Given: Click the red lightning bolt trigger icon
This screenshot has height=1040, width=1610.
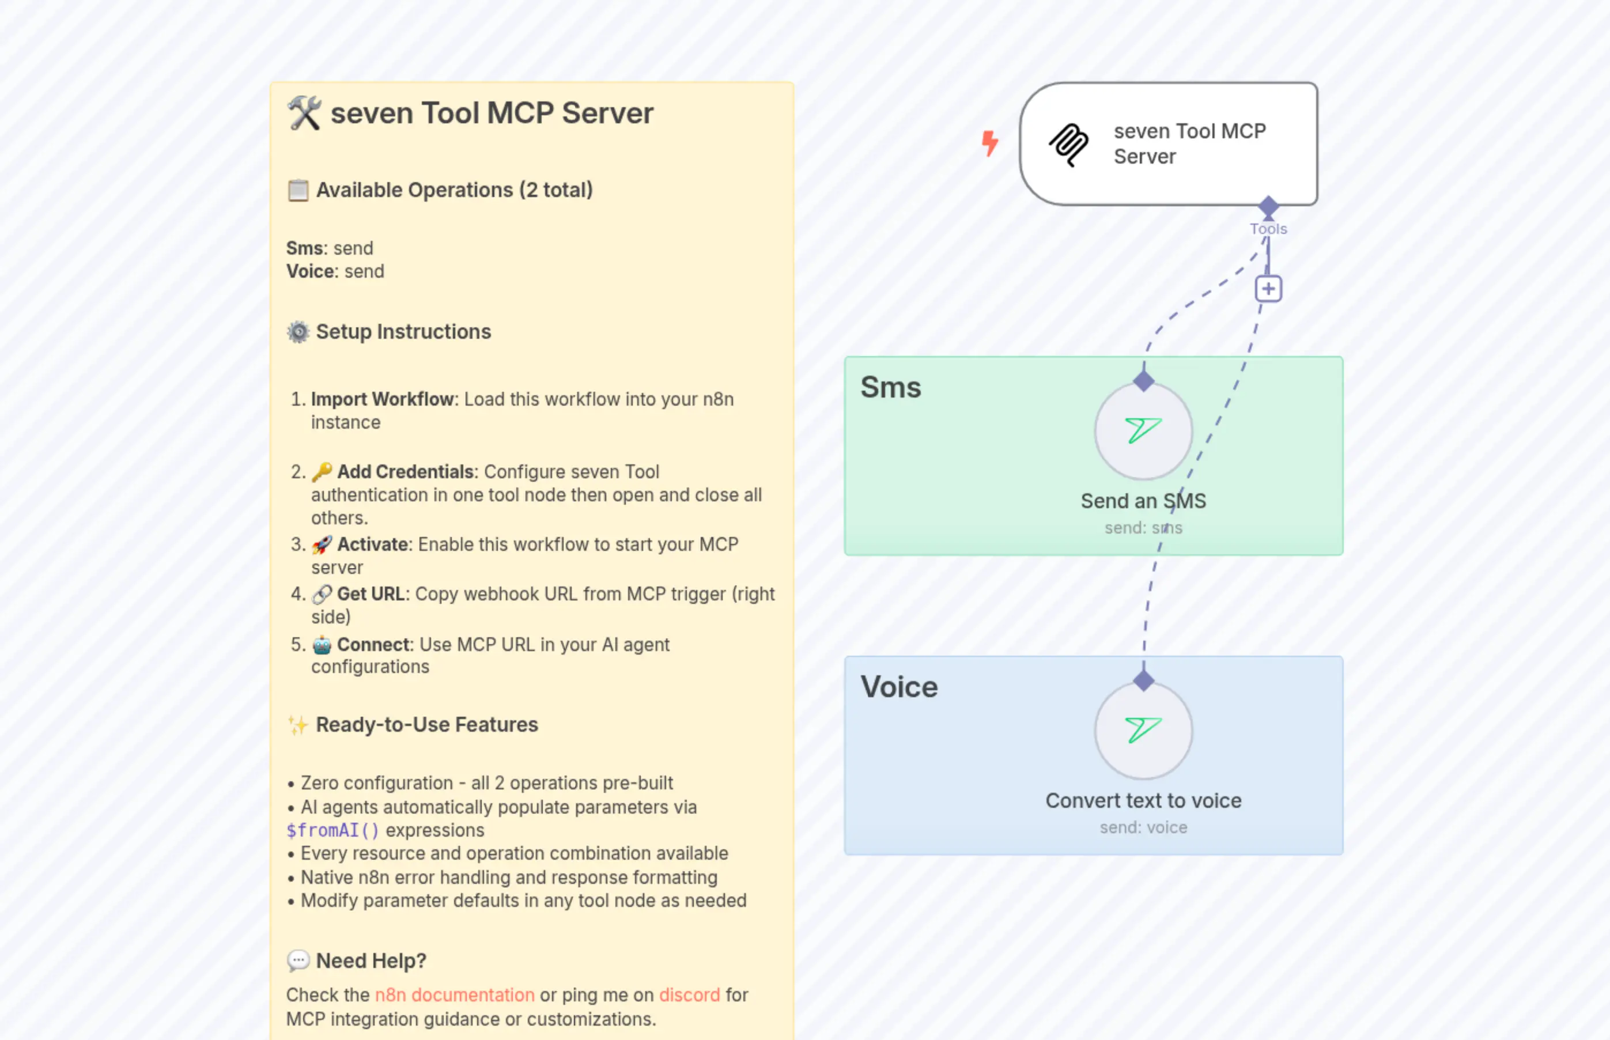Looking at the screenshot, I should [989, 143].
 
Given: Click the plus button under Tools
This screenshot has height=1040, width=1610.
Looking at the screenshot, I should [1268, 289].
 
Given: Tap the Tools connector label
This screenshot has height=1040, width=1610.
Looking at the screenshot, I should [1268, 229].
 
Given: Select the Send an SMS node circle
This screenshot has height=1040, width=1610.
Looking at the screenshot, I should [1143, 432].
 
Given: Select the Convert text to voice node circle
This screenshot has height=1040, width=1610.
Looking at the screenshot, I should [1143, 731].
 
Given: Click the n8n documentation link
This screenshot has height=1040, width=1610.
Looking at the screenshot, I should [455, 994].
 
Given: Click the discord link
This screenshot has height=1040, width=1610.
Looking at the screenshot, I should [690, 994].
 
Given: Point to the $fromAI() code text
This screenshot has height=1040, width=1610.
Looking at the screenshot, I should [332, 830].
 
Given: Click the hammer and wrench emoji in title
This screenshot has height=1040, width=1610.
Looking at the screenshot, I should [304, 113].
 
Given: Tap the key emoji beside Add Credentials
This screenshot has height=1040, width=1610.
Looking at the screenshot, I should [322, 471].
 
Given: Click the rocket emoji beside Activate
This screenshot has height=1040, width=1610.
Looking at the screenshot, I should [322, 544].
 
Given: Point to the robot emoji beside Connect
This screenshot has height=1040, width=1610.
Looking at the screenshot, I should [322, 645].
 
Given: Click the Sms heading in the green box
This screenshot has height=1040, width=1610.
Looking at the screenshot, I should [890, 388].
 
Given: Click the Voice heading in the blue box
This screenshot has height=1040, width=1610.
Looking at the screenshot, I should [899, 687].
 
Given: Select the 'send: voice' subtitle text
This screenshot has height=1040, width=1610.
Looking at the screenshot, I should [1143, 827].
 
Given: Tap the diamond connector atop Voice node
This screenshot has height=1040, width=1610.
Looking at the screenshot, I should [1143, 680].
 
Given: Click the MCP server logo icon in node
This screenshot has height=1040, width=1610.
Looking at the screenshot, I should [1068, 145].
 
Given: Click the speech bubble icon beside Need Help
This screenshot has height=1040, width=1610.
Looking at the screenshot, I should [298, 960].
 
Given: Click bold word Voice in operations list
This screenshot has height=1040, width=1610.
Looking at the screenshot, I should [311, 271].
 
